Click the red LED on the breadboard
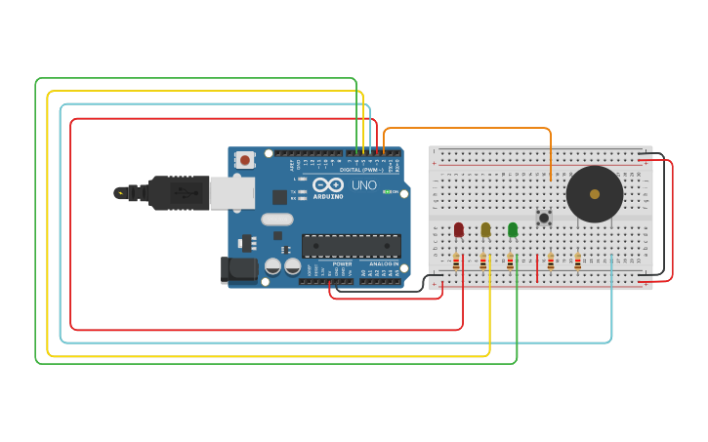point(459,229)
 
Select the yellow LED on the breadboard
point(485,229)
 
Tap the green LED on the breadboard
point(513,229)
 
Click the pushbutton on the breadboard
point(544,218)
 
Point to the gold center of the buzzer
point(595,194)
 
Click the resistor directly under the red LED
point(456,261)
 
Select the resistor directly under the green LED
point(510,261)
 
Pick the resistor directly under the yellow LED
point(482,261)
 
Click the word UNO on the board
point(364,185)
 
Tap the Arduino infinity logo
point(328,184)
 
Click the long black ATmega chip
point(351,246)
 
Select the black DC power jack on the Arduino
point(238,268)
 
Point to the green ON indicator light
point(387,191)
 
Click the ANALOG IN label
point(383,263)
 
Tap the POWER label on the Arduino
point(342,263)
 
